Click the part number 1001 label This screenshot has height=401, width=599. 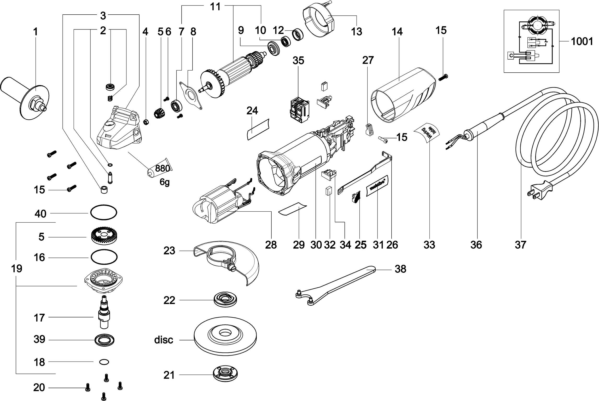582,42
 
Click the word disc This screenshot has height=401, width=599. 164,340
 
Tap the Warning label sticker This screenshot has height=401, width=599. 427,133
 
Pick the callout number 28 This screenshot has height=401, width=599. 271,245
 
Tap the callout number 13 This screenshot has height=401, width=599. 356,32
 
